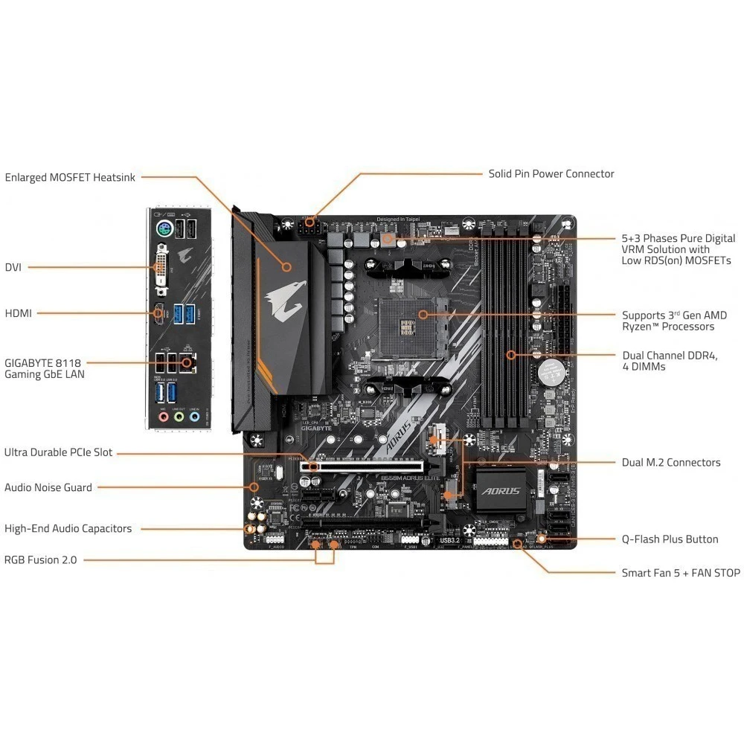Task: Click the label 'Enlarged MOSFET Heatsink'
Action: tap(71, 177)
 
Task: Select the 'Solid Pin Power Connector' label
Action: tap(551, 173)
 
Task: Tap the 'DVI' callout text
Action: tap(13, 266)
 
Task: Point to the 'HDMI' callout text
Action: tap(19, 313)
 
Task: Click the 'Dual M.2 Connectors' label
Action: tap(671, 462)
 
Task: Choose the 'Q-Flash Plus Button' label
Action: tap(670, 539)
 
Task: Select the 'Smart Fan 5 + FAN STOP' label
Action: tap(681, 573)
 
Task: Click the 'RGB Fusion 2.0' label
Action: tap(40, 559)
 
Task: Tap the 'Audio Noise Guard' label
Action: tap(48, 487)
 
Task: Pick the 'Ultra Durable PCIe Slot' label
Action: tap(59, 452)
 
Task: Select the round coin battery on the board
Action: tap(551, 368)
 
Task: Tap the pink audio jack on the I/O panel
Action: tap(162, 417)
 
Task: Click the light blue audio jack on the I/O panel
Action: tap(194, 417)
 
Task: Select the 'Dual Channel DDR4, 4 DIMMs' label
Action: tap(670, 361)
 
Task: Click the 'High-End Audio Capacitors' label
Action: tap(68, 528)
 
